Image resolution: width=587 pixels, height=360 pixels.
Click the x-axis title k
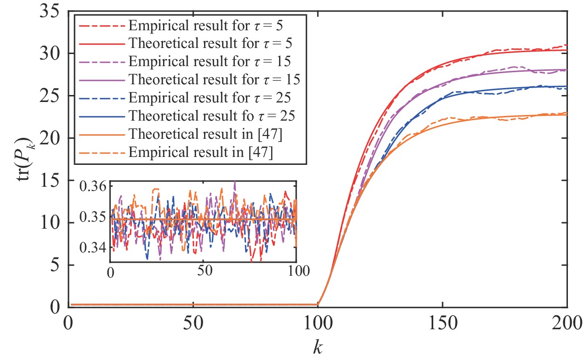318,345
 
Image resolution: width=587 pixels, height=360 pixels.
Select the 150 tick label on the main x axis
442,321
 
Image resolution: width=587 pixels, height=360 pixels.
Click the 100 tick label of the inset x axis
296,271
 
